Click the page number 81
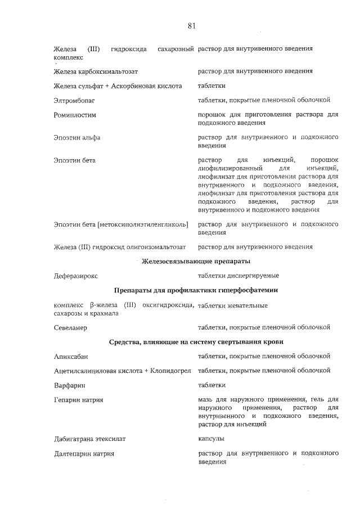pos(191,26)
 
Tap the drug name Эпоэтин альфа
pos(77,137)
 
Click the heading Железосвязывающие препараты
pos(196,262)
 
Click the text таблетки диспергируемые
pos(238,276)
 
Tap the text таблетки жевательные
pos(232,305)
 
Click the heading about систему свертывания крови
pos(196,342)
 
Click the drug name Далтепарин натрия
pos(84,453)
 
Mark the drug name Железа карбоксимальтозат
pos(96,72)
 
